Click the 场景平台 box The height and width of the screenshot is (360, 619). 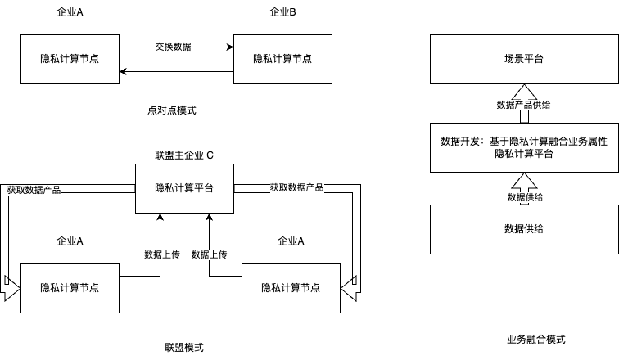click(x=524, y=59)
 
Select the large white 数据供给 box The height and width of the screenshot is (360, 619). click(x=524, y=229)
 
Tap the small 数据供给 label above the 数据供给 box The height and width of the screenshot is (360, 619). click(x=525, y=197)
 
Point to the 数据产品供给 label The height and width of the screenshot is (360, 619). click(x=524, y=105)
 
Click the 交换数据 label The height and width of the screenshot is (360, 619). click(x=174, y=47)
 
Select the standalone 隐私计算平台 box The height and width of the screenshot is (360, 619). click(x=184, y=188)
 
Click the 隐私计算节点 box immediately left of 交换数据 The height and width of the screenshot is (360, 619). click(x=70, y=59)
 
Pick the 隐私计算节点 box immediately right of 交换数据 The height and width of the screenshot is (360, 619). click(x=282, y=59)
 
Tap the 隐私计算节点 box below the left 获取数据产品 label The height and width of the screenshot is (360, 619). click(x=70, y=288)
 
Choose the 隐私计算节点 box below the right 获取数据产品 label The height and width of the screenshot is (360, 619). click(x=291, y=288)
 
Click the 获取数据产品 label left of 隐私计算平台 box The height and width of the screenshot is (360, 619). click(x=34, y=190)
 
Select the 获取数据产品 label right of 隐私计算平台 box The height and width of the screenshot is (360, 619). click(x=297, y=187)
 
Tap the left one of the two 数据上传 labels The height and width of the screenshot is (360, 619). click(x=161, y=254)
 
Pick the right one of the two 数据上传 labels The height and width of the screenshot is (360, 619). click(x=209, y=254)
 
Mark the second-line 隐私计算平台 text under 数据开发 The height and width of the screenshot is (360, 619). click(x=524, y=154)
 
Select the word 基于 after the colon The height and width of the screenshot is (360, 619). click(x=499, y=142)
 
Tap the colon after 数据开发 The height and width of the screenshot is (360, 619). click(x=483, y=142)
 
